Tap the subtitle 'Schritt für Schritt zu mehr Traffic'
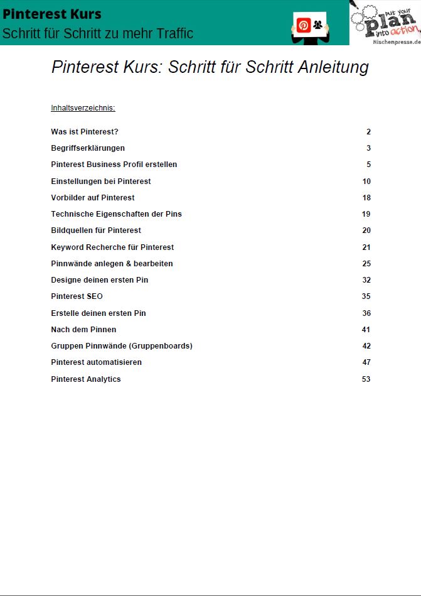[97, 33]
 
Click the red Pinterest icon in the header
[304, 25]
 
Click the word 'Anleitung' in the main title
[332, 67]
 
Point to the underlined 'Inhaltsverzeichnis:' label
[83, 108]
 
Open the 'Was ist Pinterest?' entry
[85, 132]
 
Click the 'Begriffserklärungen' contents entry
[88, 148]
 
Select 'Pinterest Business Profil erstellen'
[114, 165]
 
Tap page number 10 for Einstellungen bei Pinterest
[366, 182]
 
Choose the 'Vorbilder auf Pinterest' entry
[93, 198]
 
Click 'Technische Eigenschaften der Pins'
[116, 214]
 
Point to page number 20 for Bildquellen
[366, 230]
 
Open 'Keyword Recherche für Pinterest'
[112, 247]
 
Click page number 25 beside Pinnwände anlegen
[366, 264]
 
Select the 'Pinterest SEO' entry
[77, 296]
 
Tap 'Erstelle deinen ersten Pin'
[99, 313]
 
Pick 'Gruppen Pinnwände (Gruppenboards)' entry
[122, 346]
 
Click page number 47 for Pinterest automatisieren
[366, 362]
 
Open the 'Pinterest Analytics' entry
[86, 379]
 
